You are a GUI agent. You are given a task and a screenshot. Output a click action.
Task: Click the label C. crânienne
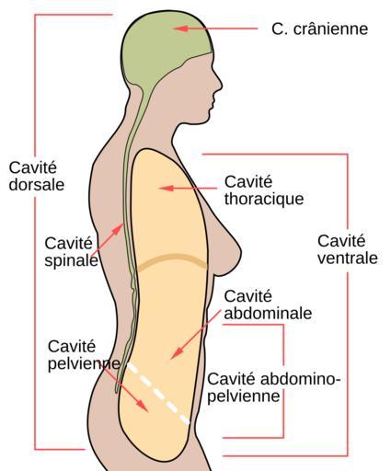319,29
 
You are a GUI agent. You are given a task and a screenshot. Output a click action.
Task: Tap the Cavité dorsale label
37,177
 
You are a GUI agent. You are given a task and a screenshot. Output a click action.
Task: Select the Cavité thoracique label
264,190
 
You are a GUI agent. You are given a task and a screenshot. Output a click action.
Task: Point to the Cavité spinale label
71,252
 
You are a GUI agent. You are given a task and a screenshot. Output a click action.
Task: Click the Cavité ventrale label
348,249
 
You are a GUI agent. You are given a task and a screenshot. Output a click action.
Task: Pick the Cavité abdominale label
268,304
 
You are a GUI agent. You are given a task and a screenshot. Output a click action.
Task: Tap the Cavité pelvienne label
84,355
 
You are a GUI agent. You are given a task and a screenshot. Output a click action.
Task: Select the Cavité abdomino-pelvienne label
274,387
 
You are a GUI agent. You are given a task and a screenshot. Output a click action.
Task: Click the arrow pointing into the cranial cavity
215,29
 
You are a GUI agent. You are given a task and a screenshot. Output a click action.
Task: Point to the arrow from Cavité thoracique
188,188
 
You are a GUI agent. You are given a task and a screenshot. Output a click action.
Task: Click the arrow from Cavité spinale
110,236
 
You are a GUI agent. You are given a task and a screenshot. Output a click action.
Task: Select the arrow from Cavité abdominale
196,334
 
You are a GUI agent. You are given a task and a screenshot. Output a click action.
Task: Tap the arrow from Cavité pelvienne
124,388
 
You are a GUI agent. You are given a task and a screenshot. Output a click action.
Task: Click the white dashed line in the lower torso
159,394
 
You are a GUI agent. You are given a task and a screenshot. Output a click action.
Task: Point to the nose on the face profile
218,83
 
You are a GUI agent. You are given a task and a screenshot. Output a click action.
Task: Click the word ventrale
348,258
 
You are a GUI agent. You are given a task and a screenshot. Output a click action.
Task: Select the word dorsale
37,185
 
